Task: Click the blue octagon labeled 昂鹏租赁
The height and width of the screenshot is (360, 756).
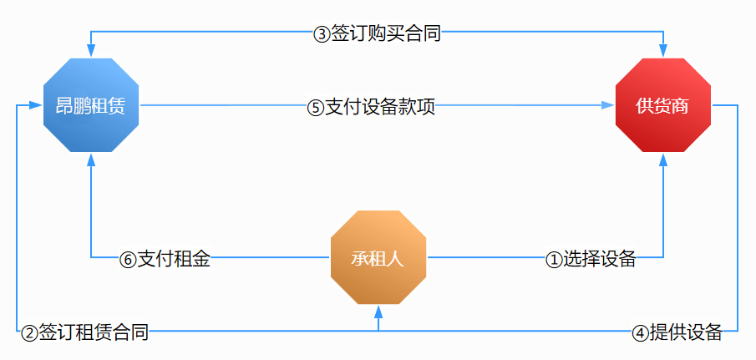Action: coord(91,105)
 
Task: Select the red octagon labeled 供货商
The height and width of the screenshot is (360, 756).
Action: coord(663,105)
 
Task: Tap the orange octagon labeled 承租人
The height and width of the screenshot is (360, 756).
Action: coord(378,257)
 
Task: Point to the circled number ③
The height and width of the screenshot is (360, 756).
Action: coord(321,35)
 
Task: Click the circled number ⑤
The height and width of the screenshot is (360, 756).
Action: coord(315,108)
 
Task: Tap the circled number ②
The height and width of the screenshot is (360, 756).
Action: coord(29,333)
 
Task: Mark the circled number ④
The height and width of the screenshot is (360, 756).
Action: coord(640,333)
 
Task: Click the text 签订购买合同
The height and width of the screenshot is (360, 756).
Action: coord(386,35)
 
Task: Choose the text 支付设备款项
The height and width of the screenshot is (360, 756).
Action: coord(380,108)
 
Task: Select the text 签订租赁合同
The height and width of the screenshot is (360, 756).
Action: coord(94,333)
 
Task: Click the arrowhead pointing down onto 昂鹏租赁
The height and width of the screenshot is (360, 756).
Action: coord(91,51)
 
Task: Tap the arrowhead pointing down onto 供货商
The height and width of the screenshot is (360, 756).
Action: coord(663,51)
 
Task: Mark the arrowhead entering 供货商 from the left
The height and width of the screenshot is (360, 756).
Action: coord(608,105)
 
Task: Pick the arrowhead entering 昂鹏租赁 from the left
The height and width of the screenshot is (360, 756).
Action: coord(36,105)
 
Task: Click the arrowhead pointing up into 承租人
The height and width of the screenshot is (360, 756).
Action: coord(378,312)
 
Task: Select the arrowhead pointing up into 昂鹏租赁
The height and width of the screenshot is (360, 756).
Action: coord(91,160)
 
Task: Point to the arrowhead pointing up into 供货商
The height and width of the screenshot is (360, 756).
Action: coord(663,160)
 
